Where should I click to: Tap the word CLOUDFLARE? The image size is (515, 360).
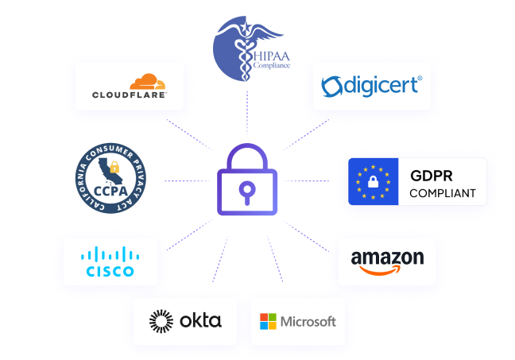[x=129, y=95]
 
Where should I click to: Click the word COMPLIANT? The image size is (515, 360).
[x=443, y=192]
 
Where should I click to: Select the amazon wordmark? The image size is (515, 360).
[x=387, y=257]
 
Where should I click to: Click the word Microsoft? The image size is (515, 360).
[x=308, y=322]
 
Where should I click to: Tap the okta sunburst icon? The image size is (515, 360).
[x=161, y=321]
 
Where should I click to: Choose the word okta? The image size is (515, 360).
[x=200, y=321]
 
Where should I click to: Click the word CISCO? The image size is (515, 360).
[x=110, y=271]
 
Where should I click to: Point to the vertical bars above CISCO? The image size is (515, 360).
[x=110, y=254]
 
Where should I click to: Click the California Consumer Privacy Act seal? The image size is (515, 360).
[x=113, y=180]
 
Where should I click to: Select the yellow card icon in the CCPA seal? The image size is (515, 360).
[x=120, y=167]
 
